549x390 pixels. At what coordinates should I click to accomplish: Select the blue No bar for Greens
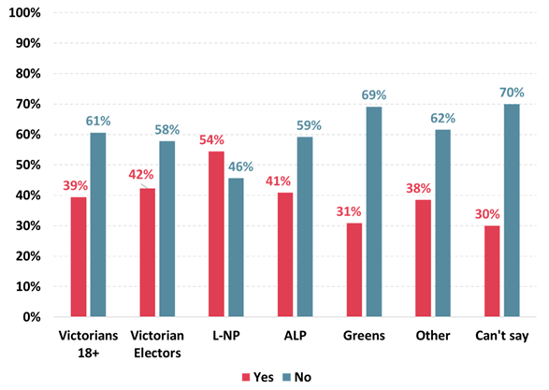(x=374, y=211)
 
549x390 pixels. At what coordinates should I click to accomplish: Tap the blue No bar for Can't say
(x=513, y=210)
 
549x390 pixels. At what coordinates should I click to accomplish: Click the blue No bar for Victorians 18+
(x=98, y=224)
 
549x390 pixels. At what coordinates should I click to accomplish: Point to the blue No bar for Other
(x=443, y=223)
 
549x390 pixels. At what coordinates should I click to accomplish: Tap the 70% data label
(x=511, y=92)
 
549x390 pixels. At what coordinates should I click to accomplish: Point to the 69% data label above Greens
(x=374, y=94)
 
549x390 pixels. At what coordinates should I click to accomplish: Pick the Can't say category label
(x=498, y=335)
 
